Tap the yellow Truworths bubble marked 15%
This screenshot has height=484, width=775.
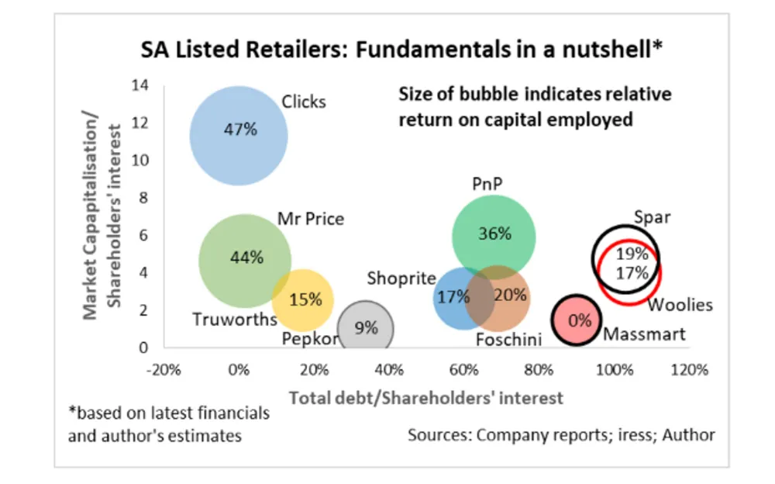tap(302, 300)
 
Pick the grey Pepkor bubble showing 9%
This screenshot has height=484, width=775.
tap(366, 328)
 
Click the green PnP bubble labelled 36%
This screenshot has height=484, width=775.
tap(494, 235)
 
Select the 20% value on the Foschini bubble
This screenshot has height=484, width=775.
tap(511, 296)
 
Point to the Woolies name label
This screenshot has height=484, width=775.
tap(680, 305)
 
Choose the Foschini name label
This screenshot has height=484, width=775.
tap(508, 340)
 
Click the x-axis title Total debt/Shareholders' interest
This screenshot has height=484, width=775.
tap(425, 398)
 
